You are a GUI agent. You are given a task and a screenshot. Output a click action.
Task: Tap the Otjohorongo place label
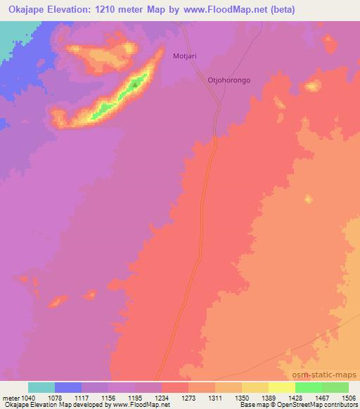click(229, 80)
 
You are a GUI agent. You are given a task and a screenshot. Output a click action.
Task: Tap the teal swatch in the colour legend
click(41, 387)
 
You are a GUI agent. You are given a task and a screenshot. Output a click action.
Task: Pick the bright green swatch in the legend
click(309, 387)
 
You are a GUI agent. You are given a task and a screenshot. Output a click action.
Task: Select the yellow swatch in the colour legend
click(282, 387)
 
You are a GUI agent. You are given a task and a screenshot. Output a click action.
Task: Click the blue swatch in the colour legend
click(68, 387)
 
